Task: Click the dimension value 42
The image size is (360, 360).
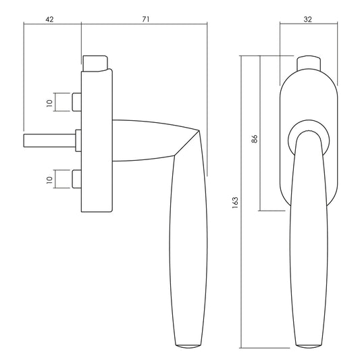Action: point(49,20)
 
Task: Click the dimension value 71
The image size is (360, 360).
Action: point(146,20)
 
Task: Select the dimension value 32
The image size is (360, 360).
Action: point(307,20)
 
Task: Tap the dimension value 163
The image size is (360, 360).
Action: point(236,203)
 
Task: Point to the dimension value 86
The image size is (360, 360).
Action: point(255,139)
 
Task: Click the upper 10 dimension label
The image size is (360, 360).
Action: point(49,103)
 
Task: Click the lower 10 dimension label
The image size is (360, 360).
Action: point(49,180)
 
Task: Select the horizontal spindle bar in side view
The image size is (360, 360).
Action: point(50,140)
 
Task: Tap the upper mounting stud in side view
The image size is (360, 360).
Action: point(77,102)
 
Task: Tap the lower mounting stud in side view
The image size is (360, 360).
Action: point(77,179)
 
